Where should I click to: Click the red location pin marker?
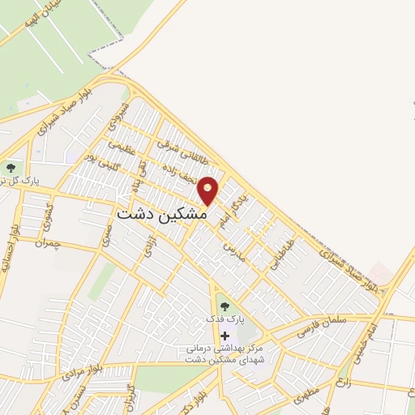pos(208,190)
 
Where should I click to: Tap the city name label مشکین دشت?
pos(158,215)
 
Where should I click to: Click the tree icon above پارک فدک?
pos(225,306)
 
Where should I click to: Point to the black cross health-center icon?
pos(225,336)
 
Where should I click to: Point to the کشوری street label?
pos(46,212)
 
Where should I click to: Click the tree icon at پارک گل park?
pos(11,168)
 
